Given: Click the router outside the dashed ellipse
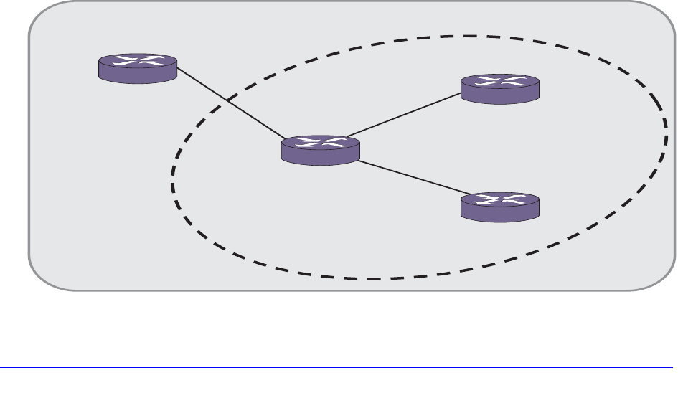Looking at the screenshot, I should (138, 67).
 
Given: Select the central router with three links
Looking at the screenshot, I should (320, 149).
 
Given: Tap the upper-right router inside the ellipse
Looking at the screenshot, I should (500, 88).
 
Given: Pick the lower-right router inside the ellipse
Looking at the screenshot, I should (500, 205).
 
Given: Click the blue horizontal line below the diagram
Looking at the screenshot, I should (337, 369).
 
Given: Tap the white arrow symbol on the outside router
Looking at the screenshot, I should (138, 62).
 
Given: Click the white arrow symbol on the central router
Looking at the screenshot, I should (320, 143).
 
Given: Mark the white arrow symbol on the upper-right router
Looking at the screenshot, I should (500, 82).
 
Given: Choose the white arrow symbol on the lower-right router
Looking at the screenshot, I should (500, 199).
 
